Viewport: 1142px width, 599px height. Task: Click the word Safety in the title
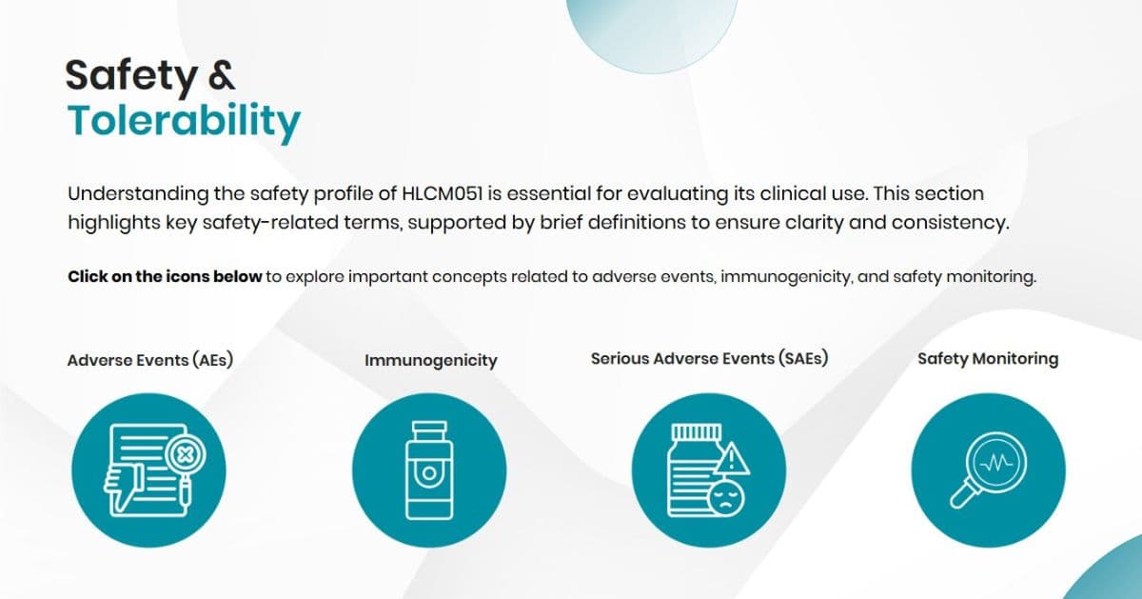(x=128, y=76)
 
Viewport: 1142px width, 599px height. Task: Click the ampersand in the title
(x=221, y=76)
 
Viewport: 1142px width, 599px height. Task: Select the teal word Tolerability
(x=184, y=121)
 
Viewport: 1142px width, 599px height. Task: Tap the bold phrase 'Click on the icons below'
(x=165, y=277)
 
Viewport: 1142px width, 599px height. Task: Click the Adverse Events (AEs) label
(x=150, y=361)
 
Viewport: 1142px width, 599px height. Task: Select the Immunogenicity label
(x=430, y=361)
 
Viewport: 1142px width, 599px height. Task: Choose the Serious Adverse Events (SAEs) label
(x=709, y=359)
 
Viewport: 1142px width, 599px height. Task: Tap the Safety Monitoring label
(x=988, y=359)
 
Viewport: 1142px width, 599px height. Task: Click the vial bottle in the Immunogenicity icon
(x=429, y=476)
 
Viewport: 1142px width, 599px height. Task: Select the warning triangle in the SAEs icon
(x=732, y=460)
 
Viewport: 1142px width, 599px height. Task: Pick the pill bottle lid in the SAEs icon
(x=695, y=430)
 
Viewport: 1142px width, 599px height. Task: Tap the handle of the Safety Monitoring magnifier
(x=963, y=496)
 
